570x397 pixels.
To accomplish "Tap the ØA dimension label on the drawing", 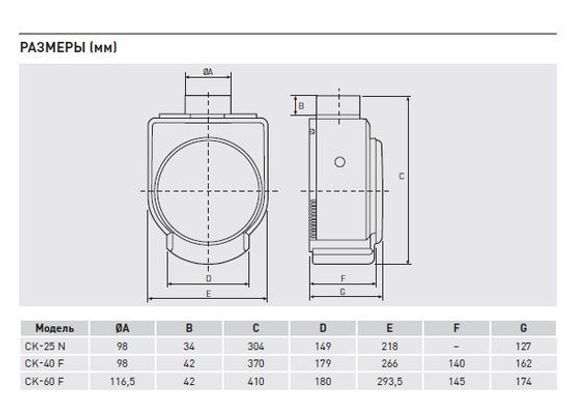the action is [x=208, y=72].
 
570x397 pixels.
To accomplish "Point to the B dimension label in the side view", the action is [x=301, y=106].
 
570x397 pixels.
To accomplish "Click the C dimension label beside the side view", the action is [x=401, y=176].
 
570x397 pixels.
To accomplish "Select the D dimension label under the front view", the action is [x=209, y=278].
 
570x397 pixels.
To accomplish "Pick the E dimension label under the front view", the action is [x=209, y=294].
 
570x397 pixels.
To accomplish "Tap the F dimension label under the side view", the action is [x=343, y=278].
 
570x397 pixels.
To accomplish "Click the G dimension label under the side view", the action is [x=342, y=292].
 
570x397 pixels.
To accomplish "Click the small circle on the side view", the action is [x=340, y=162].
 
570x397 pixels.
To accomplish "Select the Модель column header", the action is [x=55, y=328].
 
